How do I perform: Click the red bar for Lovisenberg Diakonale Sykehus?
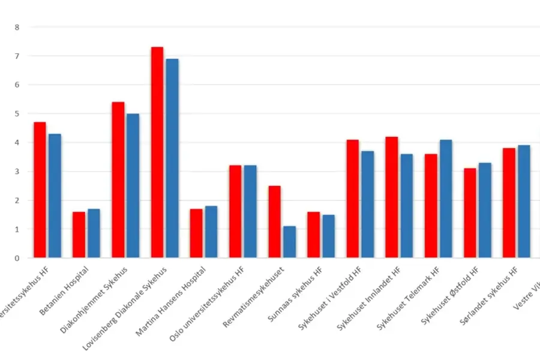(x=157, y=152)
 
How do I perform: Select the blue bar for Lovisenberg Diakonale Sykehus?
(x=172, y=158)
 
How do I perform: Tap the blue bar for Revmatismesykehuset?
(x=289, y=242)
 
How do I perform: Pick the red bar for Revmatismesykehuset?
(x=274, y=222)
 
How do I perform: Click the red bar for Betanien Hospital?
(x=79, y=235)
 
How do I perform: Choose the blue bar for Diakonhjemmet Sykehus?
(x=133, y=186)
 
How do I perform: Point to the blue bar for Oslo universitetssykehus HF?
(x=250, y=212)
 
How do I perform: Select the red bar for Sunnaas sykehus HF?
(x=314, y=235)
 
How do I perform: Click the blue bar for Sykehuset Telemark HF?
(x=446, y=199)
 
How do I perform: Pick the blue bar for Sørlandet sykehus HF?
(x=524, y=202)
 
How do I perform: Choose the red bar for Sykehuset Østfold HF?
(x=470, y=213)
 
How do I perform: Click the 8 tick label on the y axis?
(x=17, y=27)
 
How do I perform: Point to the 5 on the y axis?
(x=17, y=113)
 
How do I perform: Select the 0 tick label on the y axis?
(x=17, y=258)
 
